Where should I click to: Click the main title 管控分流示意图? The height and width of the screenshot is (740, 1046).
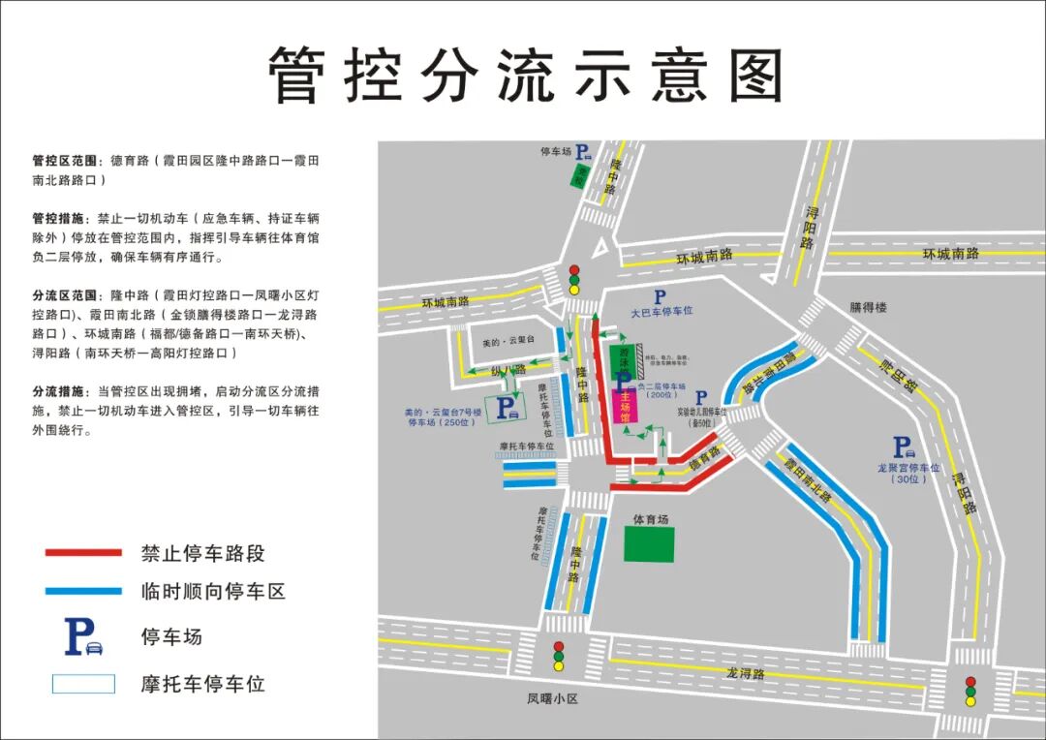click(524, 75)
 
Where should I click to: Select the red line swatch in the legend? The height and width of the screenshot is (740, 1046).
click(83, 553)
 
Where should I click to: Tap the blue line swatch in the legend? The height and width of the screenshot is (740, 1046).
click(83, 591)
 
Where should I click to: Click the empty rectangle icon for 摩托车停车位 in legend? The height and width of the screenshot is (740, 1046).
click(83, 684)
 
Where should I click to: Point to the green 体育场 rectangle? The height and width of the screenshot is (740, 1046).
click(649, 544)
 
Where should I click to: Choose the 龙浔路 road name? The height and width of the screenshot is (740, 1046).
click(746, 673)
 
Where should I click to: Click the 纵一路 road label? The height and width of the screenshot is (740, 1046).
click(508, 370)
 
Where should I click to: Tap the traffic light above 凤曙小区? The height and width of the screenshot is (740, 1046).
click(558, 656)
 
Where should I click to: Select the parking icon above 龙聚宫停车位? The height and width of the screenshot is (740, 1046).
click(903, 447)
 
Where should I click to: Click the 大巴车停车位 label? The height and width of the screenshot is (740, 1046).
click(664, 313)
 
